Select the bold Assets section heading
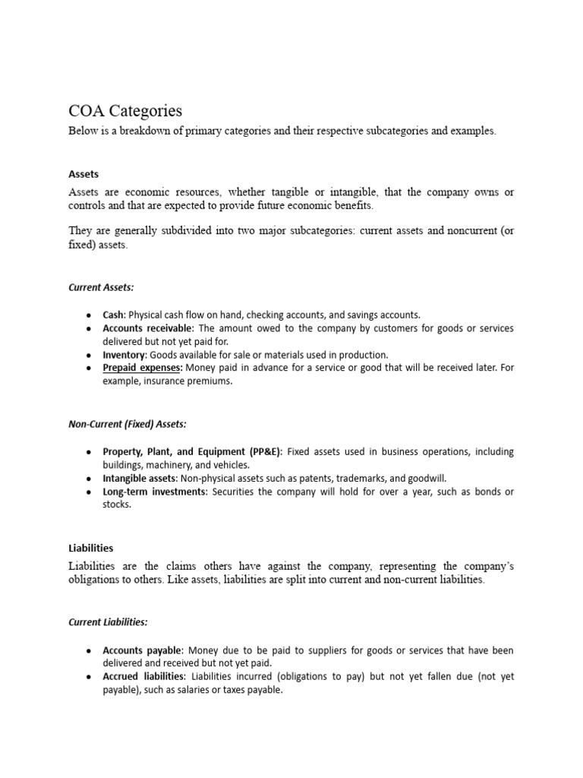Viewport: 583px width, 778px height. click(x=84, y=174)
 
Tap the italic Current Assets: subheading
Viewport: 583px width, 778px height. click(x=101, y=287)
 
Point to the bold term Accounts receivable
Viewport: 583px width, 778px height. click(x=148, y=328)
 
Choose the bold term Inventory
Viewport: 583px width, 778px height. click(x=125, y=355)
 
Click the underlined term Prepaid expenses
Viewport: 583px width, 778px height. click(x=143, y=368)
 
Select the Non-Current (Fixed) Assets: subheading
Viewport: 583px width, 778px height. click(x=128, y=424)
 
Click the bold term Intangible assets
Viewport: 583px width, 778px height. click(x=140, y=479)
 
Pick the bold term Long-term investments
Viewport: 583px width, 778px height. click(x=154, y=492)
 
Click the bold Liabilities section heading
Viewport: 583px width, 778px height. click(x=90, y=547)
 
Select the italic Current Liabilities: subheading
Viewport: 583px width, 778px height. click(x=108, y=621)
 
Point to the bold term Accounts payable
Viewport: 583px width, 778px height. click(x=142, y=650)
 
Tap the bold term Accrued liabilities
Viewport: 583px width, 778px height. click(x=143, y=676)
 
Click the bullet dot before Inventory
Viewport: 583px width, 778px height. click(x=89, y=356)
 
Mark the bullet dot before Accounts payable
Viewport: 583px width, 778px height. click(x=89, y=651)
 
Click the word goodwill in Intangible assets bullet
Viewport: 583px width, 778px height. click(x=427, y=479)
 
